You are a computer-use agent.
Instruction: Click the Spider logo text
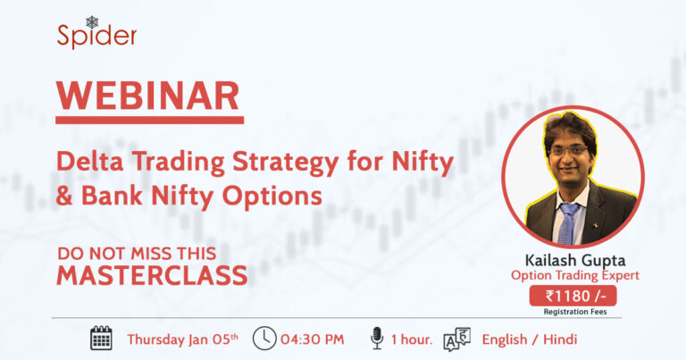pyautogui.click(x=96, y=37)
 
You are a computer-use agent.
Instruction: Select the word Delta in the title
pyautogui.click(x=85, y=163)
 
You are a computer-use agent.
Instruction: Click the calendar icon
pyautogui.click(x=101, y=338)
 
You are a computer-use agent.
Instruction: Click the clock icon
pyautogui.click(x=264, y=338)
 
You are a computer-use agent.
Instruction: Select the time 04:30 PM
pyautogui.click(x=312, y=339)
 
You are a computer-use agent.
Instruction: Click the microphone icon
pyautogui.click(x=377, y=338)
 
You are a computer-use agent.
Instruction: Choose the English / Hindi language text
pyautogui.click(x=529, y=339)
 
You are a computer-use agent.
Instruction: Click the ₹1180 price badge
pyautogui.click(x=571, y=296)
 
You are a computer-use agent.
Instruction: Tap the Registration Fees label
pyautogui.click(x=572, y=312)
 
